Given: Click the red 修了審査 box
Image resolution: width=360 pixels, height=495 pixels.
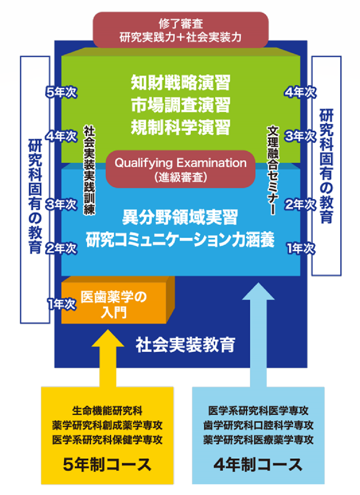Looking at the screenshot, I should coord(181,29).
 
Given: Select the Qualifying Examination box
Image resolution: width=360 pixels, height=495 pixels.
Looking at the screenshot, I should coord(181,169).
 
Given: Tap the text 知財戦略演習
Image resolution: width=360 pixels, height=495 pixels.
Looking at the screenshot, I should coord(181,83).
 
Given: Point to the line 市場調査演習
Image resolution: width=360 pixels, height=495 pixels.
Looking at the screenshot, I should coord(181,105).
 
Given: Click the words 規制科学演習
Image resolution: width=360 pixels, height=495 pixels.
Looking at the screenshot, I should coord(181,127).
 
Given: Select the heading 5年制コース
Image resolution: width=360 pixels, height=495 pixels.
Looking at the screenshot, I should coord(108,464).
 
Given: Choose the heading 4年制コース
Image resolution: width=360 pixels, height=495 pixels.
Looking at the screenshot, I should coord(258,464).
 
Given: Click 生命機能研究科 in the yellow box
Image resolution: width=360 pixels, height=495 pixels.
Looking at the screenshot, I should coord(108,409).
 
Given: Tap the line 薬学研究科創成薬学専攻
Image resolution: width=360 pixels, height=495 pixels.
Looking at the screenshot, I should coord(108,425).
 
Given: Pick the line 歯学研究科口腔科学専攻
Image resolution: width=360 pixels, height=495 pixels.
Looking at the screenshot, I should coord(258,425).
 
